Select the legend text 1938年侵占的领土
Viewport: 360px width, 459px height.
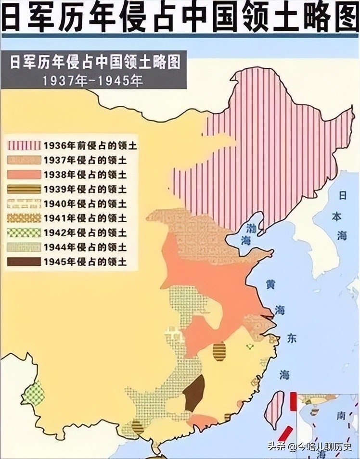(85, 175)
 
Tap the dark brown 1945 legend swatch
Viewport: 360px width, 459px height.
(24, 262)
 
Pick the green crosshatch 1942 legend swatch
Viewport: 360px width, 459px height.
(24, 233)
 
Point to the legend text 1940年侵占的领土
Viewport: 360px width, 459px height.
(85, 204)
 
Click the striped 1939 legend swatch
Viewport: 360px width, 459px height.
(24, 189)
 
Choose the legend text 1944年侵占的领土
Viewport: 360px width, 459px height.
(85, 247)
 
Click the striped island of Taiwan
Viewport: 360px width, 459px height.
(275, 409)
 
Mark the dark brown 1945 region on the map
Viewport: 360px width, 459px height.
(194, 392)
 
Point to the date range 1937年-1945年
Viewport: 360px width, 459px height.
(93, 80)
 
